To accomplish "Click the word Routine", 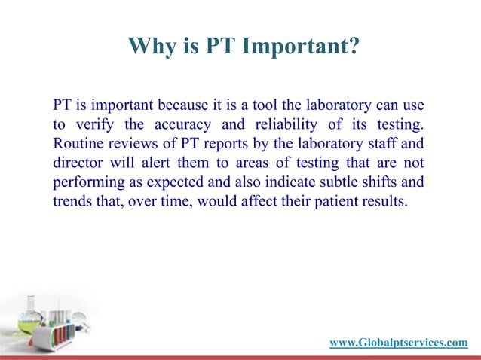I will (x=78, y=143).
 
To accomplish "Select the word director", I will (x=78, y=163).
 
